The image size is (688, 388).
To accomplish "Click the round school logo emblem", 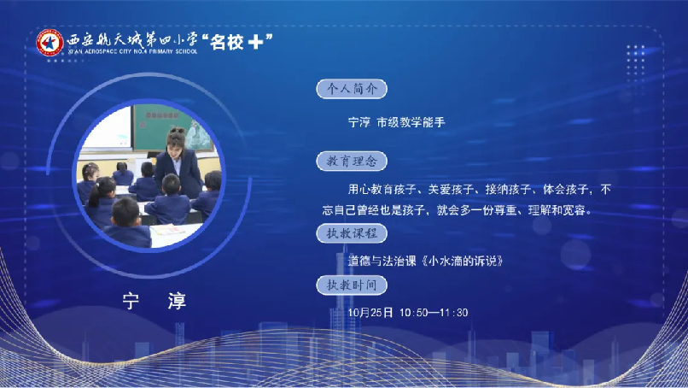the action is tap(50, 43).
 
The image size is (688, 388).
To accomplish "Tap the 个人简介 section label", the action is tap(352, 89).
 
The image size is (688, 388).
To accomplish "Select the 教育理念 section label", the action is tap(352, 162).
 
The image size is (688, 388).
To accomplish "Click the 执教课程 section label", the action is tap(352, 233).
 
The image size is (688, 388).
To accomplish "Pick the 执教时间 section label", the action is tap(352, 285).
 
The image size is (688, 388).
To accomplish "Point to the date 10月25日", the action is tap(370, 313).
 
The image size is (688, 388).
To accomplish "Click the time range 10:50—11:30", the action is tap(434, 313).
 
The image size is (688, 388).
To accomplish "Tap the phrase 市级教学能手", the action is tap(411, 122).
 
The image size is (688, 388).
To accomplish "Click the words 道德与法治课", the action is tap(382, 261).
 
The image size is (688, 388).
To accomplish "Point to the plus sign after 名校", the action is tap(255, 42).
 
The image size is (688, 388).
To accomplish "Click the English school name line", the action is tap(132, 51).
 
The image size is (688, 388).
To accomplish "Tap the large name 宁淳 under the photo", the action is tap(155, 301).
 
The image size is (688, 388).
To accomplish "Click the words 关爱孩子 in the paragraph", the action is tap(451, 190).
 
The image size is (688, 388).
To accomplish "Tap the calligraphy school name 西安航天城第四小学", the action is tap(132, 40).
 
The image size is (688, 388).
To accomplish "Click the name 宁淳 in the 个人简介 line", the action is tap(359, 122).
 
